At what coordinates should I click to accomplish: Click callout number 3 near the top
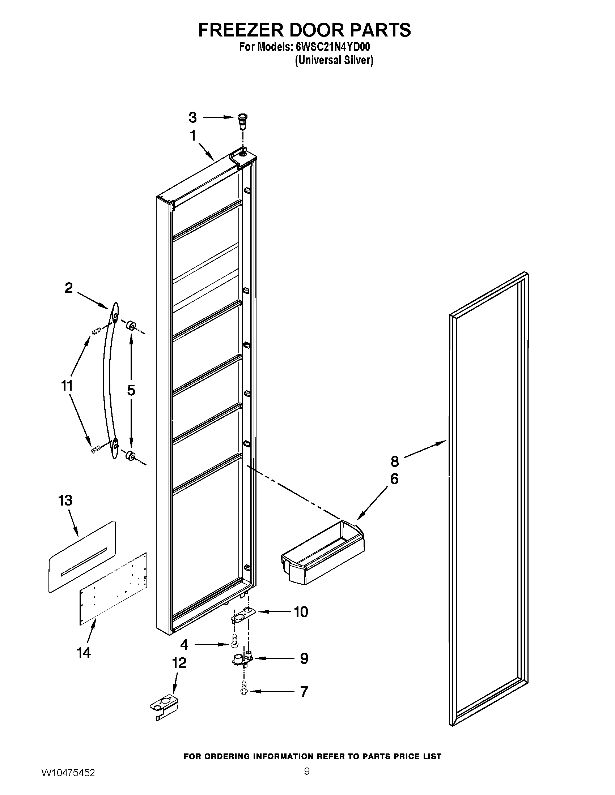click(x=192, y=117)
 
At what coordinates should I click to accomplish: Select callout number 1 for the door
click(x=193, y=136)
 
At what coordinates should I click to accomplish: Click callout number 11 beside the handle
click(x=67, y=386)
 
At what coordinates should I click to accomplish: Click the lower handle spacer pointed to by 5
click(x=130, y=455)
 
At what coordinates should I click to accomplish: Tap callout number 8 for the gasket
click(x=395, y=461)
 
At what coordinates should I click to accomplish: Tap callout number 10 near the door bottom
click(x=301, y=612)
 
